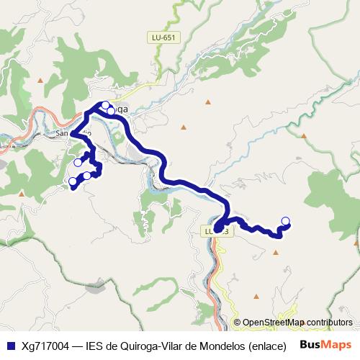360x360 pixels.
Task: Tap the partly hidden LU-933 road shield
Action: pos(215,231)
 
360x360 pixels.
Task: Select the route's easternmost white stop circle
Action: pos(285,220)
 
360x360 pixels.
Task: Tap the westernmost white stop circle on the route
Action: pos(72,181)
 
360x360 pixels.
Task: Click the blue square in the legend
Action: pos(10,345)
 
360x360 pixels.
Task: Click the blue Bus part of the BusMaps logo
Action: pos(310,344)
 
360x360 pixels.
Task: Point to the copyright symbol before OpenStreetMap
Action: pos(237,323)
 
